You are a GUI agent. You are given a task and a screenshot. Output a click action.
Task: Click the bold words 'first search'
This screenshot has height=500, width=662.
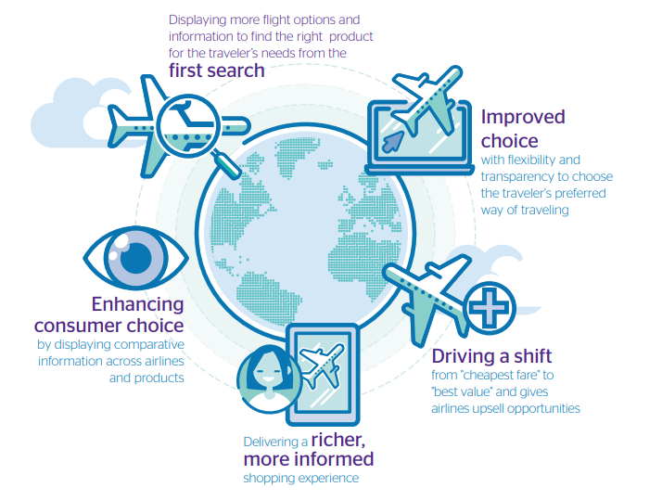coord(217,71)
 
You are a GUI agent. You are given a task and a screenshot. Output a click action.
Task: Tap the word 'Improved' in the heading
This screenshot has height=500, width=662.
coord(523,118)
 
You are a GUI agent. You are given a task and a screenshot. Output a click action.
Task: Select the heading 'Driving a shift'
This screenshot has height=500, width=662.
coord(491,356)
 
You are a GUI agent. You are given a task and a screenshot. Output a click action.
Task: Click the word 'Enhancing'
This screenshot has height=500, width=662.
coord(137,305)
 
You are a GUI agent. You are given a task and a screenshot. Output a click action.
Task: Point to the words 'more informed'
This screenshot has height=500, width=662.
coord(309,459)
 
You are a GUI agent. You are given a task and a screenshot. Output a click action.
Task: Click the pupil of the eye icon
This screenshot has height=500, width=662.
coord(136,257)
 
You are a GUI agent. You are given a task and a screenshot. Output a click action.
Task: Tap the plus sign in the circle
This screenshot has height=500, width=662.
coord(490,307)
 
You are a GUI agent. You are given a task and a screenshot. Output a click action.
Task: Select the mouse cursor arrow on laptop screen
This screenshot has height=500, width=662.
coord(392,142)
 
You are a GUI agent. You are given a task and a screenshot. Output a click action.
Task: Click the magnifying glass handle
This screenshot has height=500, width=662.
coord(227,165)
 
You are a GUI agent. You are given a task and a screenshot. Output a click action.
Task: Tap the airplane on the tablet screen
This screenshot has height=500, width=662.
coord(322,365)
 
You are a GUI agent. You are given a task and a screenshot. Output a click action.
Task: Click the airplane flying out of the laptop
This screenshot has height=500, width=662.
coord(427,100)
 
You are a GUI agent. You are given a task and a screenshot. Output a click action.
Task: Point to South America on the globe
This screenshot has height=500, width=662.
coord(267,297)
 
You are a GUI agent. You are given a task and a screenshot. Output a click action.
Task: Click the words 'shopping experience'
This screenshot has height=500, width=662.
coord(301,479)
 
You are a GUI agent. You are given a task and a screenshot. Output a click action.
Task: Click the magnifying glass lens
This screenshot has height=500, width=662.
coord(188,125)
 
